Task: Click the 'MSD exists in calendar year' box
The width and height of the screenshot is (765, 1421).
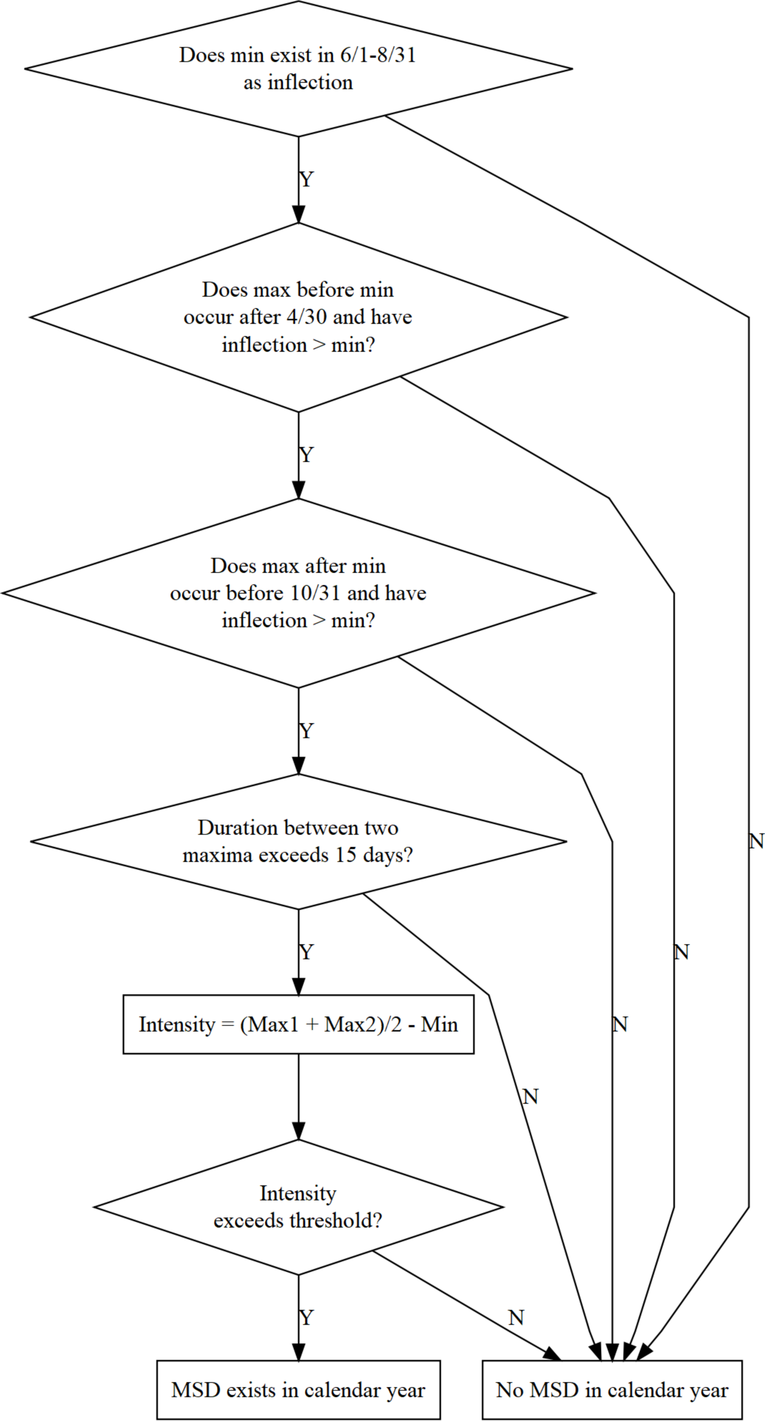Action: click(298, 1390)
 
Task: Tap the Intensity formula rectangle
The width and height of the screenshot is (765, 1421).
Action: click(298, 1024)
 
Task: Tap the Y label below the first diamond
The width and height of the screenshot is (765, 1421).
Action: click(306, 179)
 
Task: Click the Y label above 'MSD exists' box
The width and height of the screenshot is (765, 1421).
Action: click(306, 1317)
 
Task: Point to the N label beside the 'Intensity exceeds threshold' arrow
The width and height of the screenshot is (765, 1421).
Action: click(516, 1317)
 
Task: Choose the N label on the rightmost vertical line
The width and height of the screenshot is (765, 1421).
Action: click(756, 841)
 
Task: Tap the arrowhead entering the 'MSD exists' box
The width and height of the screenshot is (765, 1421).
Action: click(298, 1353)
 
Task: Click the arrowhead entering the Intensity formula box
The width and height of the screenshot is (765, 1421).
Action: click(298, 987)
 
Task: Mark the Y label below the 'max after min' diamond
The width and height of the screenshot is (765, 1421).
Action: click(306, 731)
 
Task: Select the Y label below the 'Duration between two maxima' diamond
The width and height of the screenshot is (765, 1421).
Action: click(306, 952)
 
